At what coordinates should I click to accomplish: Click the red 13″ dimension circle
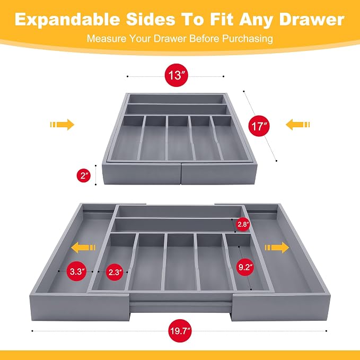[x=177, y=75]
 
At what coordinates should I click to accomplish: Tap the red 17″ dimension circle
[x=259, y=126]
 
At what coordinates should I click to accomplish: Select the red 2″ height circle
[x=84, y=175]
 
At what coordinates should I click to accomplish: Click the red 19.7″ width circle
[x=180, y=331]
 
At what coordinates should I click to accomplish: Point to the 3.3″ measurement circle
[x=77, y=271]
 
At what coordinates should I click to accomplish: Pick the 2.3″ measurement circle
[x=115, y=272]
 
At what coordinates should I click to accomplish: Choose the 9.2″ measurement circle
[x=245, y=267]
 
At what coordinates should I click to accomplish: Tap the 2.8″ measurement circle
[x=243, y=224]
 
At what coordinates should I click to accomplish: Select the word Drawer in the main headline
[x=312, y=19]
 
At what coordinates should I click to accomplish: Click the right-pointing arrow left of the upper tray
[x=62, y=125]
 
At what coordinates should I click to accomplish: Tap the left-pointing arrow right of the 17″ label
[x=298, y=125]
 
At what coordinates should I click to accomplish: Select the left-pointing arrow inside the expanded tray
[x=83, y=248]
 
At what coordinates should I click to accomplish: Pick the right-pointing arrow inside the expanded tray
[x=277, y=248]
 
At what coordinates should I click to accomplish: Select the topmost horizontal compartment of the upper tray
[x=176, y=99]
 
